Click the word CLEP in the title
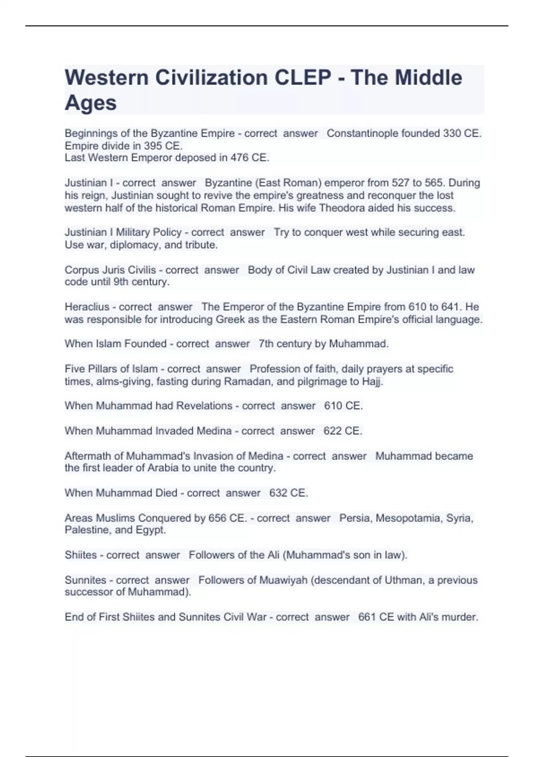(x=303, y=78)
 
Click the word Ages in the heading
(x=91, y=103)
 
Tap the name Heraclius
(x=87, y=307)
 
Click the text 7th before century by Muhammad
(x=266, y=344)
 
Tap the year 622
(x=332, y=431)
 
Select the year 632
(x=278, y=493)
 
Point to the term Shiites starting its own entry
(x=81, y=555)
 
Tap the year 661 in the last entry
(x=367, y=617)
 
